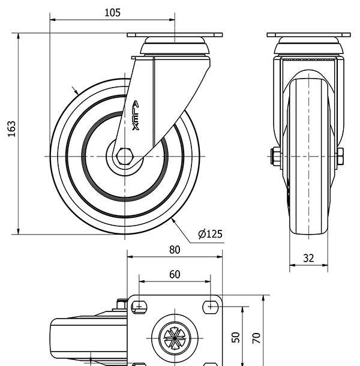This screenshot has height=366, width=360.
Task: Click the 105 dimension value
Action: [112, 13]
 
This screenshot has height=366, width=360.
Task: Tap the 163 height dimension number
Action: [11, 128]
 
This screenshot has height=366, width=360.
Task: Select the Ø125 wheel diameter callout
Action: [210, 233]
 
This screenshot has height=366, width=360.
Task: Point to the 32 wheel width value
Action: [308, 258]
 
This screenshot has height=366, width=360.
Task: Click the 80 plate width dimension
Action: [175, 250]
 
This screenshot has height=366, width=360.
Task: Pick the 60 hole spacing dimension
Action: [175, 275]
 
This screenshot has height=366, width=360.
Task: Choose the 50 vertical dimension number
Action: [236, 337]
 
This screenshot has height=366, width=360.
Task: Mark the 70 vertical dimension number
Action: [256, 338]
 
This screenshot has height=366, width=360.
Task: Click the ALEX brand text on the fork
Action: [136, 115]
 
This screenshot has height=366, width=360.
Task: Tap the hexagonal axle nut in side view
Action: [124, 156]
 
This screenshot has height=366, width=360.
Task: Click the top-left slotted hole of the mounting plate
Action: [139, 307]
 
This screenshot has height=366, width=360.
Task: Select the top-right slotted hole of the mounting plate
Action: [211, 307]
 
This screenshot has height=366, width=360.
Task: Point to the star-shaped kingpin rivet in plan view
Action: [175, 338]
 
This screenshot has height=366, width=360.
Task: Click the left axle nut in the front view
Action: [275, 157]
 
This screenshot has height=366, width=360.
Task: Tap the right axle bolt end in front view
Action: [340, 156]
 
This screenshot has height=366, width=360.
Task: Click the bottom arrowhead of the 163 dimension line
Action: [19, 231]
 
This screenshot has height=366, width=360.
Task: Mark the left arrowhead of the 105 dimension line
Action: [53, 20]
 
